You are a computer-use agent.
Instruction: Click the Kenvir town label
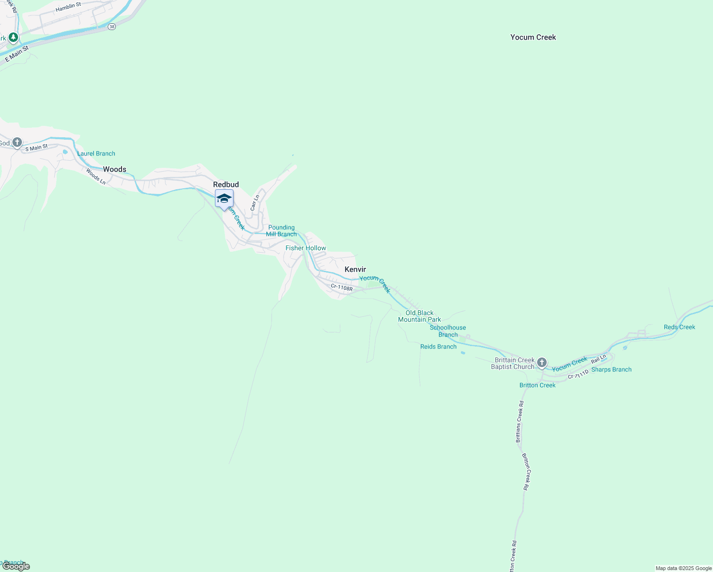[x=355, y=270]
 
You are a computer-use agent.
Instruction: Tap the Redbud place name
[x=226, y=184]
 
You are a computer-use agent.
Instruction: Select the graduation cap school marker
[x=224, y=199]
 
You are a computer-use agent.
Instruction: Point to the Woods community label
[x=114, y=169]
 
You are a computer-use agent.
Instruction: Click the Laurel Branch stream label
[x=96, y=153]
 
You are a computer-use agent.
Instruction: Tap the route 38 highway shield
[x=112, y=27]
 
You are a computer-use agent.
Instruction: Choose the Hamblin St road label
[x=68, y=7]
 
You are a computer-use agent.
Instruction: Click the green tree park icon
[x=13, y=37]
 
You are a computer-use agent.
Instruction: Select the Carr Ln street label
[x=255, y=203]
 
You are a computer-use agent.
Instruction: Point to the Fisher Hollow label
[x=306, y=248]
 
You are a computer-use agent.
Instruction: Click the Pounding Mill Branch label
[x=282, y=231]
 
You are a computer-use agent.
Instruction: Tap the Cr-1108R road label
[x=342, y=288]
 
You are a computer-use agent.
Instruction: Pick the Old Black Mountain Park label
[x=419, y=316]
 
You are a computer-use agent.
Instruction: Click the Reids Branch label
[x=438, y=347]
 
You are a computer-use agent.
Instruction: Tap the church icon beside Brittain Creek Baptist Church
[x=541, y=363]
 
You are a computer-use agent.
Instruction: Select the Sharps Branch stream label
[x=611, y=369]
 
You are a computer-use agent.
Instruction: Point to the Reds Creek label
[x=679, y=327]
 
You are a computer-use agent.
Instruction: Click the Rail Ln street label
[x=599, y=358]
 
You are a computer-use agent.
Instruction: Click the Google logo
[x=16, y=566]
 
